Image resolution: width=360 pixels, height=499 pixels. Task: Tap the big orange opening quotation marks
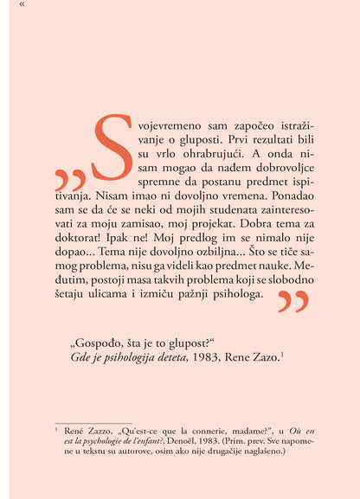point(69,179)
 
